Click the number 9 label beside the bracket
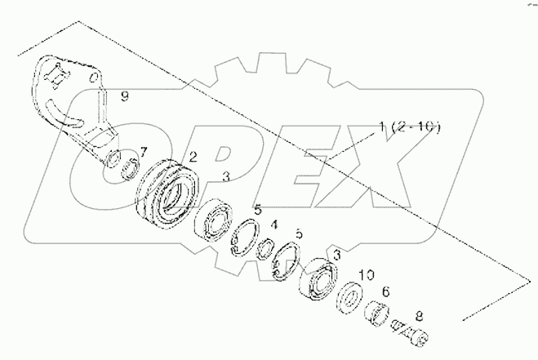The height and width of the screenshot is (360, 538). click(x=125, y=97)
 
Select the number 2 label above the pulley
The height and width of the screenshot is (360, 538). click(x=193, y=157)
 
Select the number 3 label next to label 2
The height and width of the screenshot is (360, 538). click(x=225, y=176)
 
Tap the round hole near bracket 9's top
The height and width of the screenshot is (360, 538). click(x=96, y=80)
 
